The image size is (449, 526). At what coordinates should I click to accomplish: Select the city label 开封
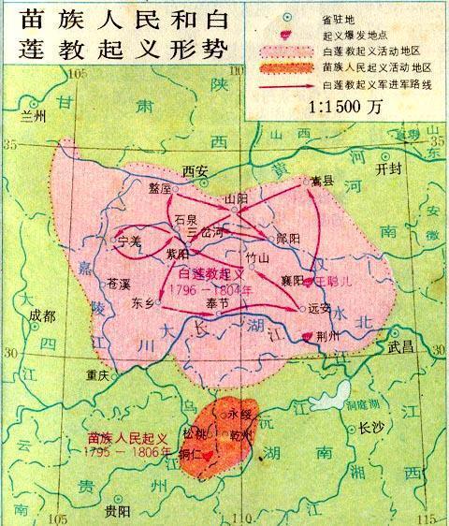coord(385,170)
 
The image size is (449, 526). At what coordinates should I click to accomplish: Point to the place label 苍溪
coord(117,282)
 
